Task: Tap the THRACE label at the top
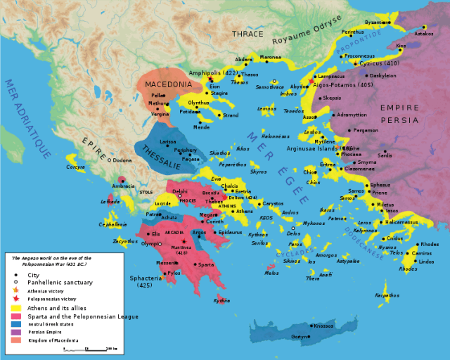click(x=248, y=34)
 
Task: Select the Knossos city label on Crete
click(x=323, y=326)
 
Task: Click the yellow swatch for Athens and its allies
click(x=15, y=307)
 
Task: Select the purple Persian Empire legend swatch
click(x=15, y=333)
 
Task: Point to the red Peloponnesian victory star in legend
click(x=15, y=298)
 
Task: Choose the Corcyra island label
click(x=76, y=167)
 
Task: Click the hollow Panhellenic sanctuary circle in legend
click(x=15, y=281)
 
